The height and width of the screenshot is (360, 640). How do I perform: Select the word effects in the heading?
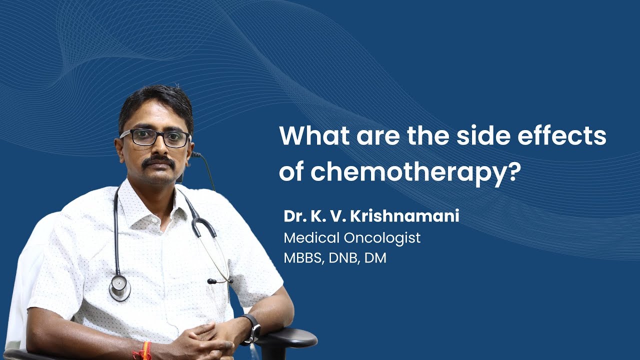click(x=561, y=135)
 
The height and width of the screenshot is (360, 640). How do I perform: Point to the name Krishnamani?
click(x=404, y=216)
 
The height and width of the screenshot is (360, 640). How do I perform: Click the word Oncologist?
click(x=382, y=238)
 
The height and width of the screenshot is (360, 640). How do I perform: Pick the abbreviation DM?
click(x=375, y=257)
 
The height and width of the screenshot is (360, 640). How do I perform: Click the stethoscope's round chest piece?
click(x=119, y=288)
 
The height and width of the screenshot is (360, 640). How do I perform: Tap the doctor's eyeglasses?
click(x=155, y=137)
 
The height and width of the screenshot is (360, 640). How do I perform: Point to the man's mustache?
click(x=158, y=161)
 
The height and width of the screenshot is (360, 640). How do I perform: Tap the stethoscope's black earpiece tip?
click(x=211, y=281)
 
